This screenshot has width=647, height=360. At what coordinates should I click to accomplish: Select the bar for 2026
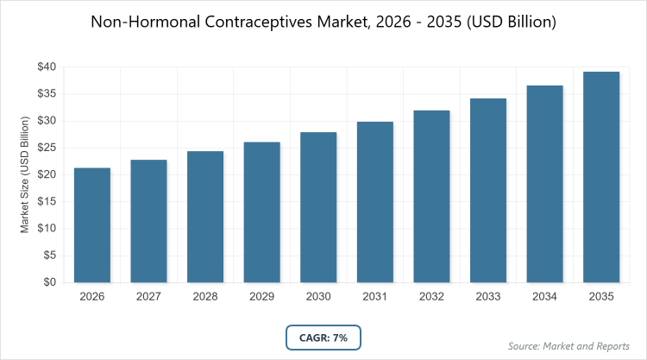(x=92, y=224)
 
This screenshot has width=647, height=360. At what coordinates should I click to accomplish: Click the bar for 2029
(x=262, y=212)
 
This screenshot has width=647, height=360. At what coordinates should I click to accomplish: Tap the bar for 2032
(x=431, y=196)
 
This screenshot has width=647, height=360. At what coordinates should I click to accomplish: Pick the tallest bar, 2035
(x=601, y=177)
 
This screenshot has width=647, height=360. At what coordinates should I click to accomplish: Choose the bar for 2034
(x=544, y=184)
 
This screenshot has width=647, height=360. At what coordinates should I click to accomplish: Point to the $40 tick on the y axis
(x=46, y=66)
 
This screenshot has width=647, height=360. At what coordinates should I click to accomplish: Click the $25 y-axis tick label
(x=46, y=148)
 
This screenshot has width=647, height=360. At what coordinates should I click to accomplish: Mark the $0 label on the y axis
(x=49, y=282)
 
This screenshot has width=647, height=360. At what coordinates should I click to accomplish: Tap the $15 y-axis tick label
(x=46, y=201)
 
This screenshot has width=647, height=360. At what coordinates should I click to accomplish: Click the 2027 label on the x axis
(x=149, y=297)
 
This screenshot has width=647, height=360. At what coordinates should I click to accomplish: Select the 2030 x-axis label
(x=318, y=297)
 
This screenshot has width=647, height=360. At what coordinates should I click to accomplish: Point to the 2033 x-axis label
(x=488, y=297)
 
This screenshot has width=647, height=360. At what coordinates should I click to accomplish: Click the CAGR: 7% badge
(x=323, y=338)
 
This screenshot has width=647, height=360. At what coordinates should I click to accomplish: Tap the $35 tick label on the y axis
(x=46, y=93)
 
